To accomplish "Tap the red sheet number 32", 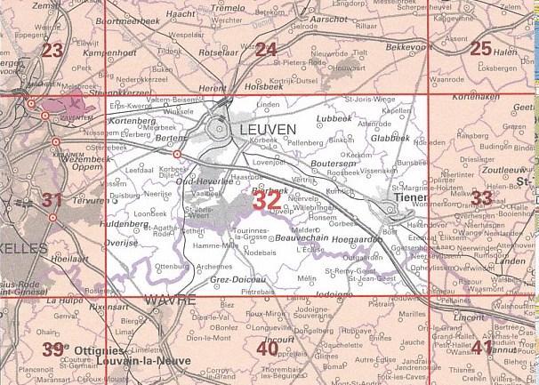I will pyautogui.click(x=268, y=201).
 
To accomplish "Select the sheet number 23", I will pyautogui.click(x=52, y=50).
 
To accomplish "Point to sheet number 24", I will pyautogui.click(x=266, y=50).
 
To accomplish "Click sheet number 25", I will pyautogui.click(x=480, y=49).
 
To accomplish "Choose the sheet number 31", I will pyautogui.click(x=52, y=199).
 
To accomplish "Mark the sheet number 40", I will pyautogui.click(x=267, y=349).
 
